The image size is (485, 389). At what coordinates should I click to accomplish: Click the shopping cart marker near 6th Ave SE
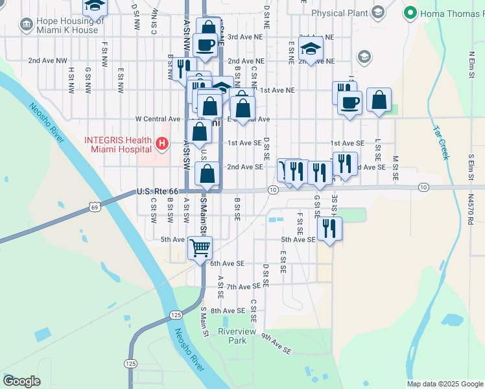coord(200,247)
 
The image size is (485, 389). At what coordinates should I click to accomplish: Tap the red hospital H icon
coord(163,143)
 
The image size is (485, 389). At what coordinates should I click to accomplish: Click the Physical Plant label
coord(340,13)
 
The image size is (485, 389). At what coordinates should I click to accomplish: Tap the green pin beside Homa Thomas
coord(410,13)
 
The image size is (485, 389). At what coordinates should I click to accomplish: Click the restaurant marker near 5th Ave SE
coord(329,228)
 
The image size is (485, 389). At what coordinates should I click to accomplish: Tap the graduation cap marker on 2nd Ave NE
coord(311,48)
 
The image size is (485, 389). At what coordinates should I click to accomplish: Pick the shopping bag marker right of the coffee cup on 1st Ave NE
coord(379,100)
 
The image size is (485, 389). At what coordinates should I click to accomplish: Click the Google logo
coord(21,381)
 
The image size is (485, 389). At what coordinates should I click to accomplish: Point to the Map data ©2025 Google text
coord(444,384)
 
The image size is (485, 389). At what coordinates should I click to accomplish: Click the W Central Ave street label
coord(157,119)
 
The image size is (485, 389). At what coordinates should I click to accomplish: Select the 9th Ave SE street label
coord(276,344)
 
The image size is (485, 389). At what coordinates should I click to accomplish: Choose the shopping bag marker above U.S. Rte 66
coord(207,174)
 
